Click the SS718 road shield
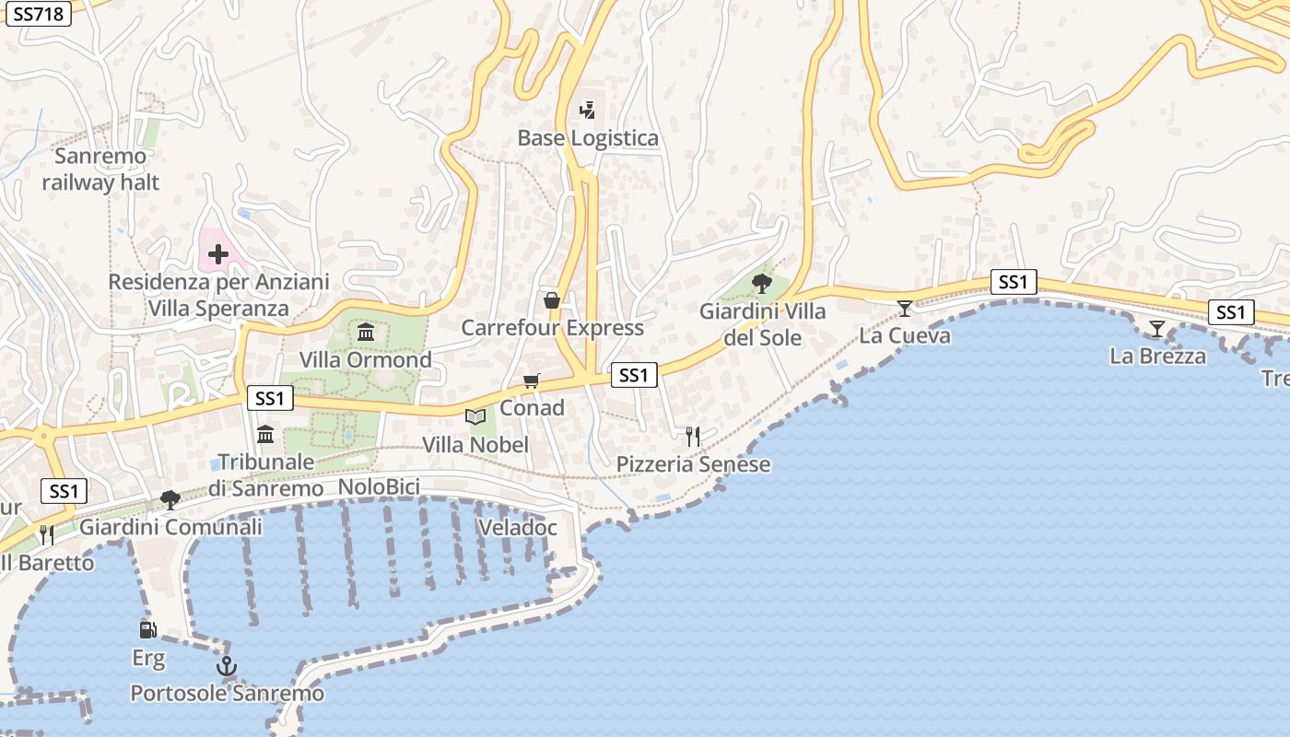(x=39, y=14)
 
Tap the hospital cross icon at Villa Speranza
(x=218, y=253)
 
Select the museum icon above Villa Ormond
(x=366, y=332)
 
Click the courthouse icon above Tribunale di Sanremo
(x=266, y=434)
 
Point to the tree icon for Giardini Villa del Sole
(x=761, y=283)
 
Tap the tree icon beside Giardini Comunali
(x=170, y=500)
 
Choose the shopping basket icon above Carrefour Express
(x=551, y=300)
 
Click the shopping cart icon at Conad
(x=531, y=380)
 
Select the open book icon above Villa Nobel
(x=475, y=417)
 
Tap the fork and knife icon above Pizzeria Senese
(x=693, y=436)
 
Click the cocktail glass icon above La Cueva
(x=905, y=308)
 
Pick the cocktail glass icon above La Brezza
(x=1156, y=329)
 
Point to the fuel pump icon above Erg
(x=147, y=630)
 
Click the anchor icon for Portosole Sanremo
(x=227, y=665)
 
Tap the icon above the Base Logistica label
(x=587, y=111)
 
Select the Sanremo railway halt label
(x=100, y=169)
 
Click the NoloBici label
(x=379, y=486)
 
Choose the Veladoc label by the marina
(x=518, y=528)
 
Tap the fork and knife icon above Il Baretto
(x=47, y=534)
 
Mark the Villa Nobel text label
(x=475, y=445)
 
